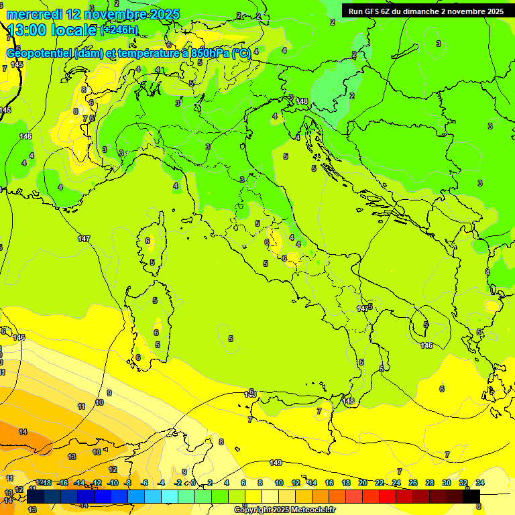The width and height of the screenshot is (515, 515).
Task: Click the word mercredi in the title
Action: tap(34, 14)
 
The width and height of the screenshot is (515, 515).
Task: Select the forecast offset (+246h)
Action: tap(119, 30)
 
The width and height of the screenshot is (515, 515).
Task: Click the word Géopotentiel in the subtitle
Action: tap(40, 54)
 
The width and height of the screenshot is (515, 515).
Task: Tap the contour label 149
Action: tap(276, 463)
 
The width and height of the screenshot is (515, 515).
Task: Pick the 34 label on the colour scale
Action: tap(480, 483)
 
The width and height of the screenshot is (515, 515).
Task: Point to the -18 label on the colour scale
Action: tap(46, 483)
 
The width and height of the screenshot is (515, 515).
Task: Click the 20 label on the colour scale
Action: tap(363, 483)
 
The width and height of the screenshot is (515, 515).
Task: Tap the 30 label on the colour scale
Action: tap(447, 483)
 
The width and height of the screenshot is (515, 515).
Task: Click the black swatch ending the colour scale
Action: tap(471, 497)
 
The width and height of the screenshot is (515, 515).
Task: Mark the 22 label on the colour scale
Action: tap(380, 483)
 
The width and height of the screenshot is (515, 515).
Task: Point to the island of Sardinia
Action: tap(150, 329)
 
